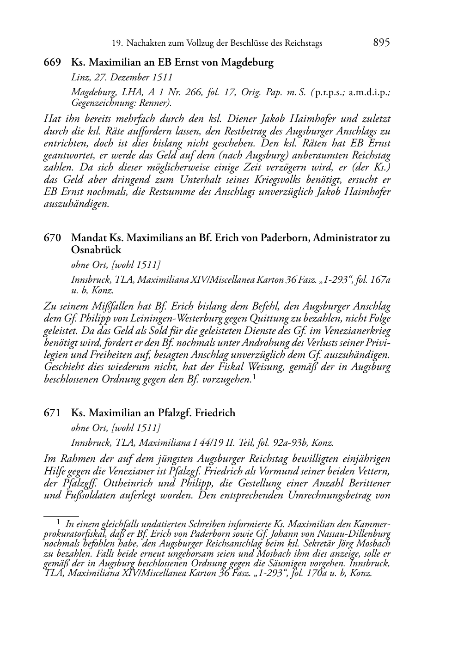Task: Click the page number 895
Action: (381, 42)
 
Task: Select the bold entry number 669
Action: (53, 62)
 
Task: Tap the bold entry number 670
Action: (53, 238)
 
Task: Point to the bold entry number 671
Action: (53, 412)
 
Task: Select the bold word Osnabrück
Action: (96, 250)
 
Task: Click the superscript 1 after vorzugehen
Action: (255, 378)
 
